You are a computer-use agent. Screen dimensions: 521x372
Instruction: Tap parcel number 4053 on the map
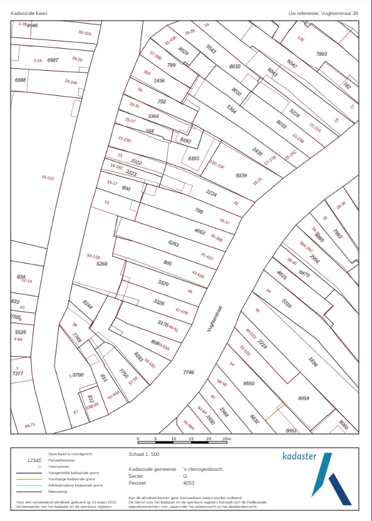[x=200, y=232]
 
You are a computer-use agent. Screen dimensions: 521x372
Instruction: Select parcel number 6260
[x=102, y=264]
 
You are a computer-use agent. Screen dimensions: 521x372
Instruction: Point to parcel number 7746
[x=189, y=373]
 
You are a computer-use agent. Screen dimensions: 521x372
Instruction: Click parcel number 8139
[x=242, y=175]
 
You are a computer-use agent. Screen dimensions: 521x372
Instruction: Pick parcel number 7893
[x=322, y=54]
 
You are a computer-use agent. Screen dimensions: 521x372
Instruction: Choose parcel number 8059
[x=304, y=398]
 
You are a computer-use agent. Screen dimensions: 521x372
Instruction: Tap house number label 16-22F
[x=48, y=178]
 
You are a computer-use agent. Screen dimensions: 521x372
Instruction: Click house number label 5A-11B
[x=93, y=257]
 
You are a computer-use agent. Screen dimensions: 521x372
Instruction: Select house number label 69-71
[x=30, y=425]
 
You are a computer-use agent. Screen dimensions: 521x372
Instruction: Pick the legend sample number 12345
[x=34, y=460]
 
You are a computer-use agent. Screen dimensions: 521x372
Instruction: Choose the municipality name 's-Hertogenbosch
[x=203, y=469]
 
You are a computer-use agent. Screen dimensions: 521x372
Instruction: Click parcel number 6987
[x=53, y=60]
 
